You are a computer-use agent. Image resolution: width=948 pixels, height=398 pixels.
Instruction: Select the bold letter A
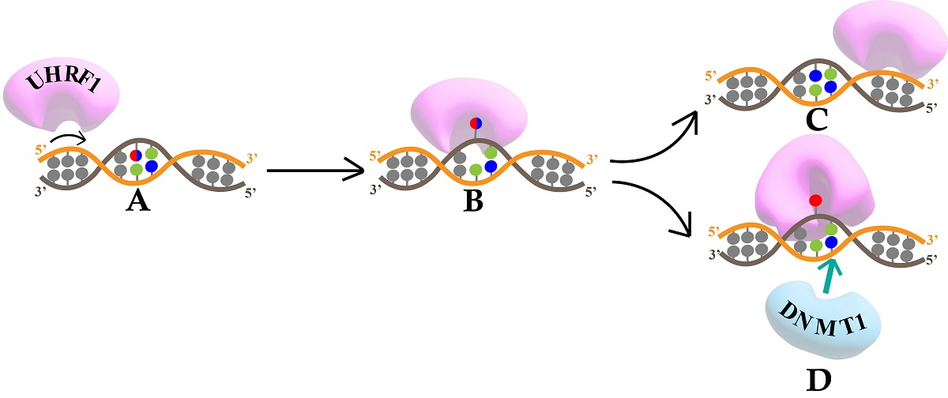[137, 203]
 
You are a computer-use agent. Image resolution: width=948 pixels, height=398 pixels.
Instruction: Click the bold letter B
[473, 202]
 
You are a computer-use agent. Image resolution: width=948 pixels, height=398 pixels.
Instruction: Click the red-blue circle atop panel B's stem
[476, 123]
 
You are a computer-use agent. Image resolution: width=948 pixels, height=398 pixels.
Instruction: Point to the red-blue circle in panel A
[136, 155]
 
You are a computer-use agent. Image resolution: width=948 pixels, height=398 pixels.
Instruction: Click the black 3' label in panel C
[710, 100]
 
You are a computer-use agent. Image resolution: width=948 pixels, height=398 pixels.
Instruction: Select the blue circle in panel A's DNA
[151, 166]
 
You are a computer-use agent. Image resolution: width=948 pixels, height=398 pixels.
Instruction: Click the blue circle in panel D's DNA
[831, 242]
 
